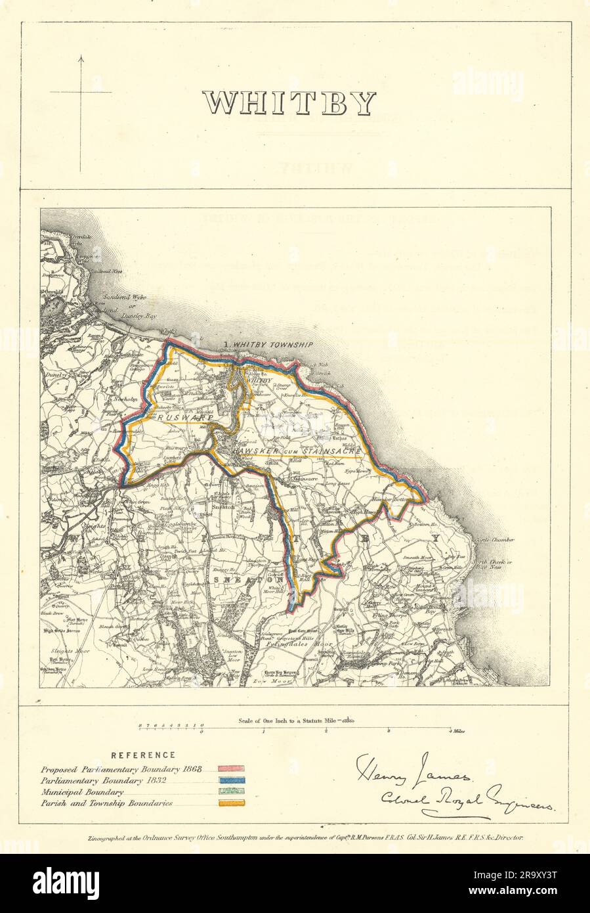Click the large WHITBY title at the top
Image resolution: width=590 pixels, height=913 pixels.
tap(289, 103)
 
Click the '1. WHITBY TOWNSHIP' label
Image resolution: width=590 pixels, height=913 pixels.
tap(267, 345)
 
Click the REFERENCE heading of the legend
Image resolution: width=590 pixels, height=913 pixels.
tap(142, 755)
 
